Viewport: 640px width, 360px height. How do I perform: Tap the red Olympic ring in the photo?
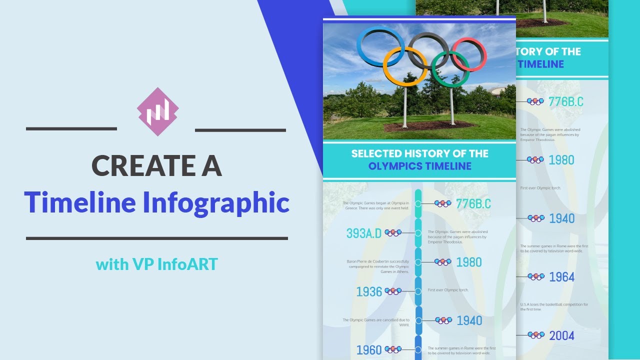click(x=468, y=54)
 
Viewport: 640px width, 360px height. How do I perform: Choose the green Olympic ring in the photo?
click(x=450, y=69)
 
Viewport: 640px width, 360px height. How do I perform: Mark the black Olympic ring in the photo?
click(x=428, y=50)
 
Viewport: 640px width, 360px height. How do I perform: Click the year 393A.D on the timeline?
click(x=363, y=233)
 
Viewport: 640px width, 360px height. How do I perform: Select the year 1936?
click(x=369, y=291)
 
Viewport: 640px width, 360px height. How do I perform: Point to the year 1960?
click(x=369, y=350)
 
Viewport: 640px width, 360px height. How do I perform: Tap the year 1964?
click(x=561, y=277)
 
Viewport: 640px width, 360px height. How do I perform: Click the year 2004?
click(x=561, y=335)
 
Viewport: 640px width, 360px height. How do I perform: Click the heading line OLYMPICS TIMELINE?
click(x=419, y=166)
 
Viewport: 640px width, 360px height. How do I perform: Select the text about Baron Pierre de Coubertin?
click(x=378, y=266)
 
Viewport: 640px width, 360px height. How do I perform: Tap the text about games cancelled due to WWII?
click(x=376, y=322)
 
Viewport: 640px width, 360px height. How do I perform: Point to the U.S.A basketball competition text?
click(x=554, y=306)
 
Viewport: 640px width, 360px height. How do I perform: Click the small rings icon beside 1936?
click(x=393, y=291)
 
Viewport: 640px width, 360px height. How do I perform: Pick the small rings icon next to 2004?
click(x=535, y=335)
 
